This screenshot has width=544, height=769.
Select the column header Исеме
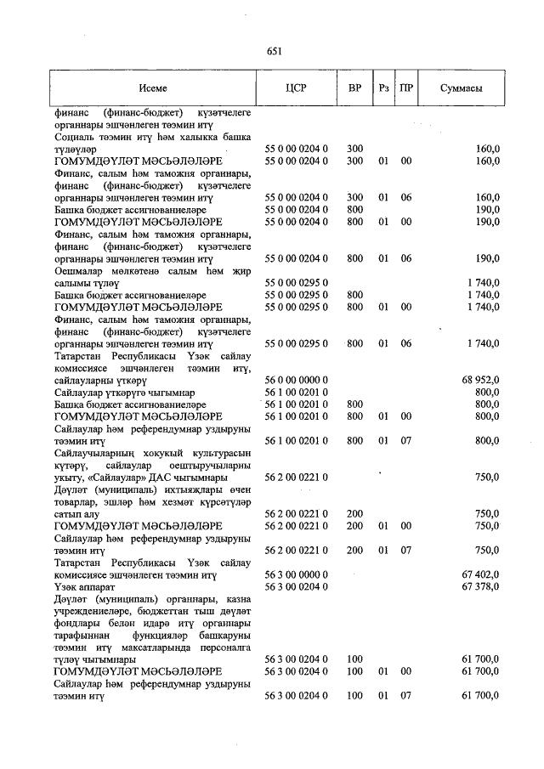[154, 88]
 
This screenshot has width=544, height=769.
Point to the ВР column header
[355, 88]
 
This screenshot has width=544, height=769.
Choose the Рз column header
[384, 88]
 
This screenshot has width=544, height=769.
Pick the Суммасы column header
[462, 88]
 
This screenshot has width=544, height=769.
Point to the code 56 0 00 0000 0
[296, 380]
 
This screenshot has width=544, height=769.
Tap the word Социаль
[75, 136]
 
